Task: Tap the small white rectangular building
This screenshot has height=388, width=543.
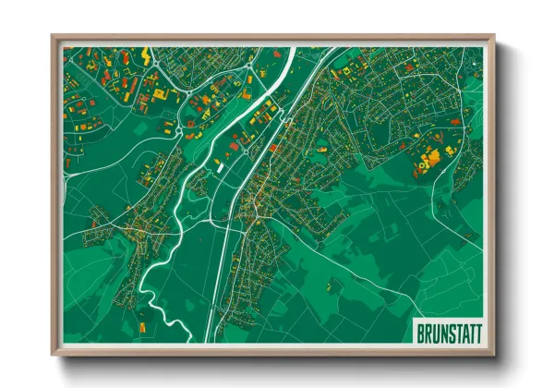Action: click(x=219, y=167)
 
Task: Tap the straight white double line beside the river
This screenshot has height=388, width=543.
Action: click(x=221, y=268)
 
